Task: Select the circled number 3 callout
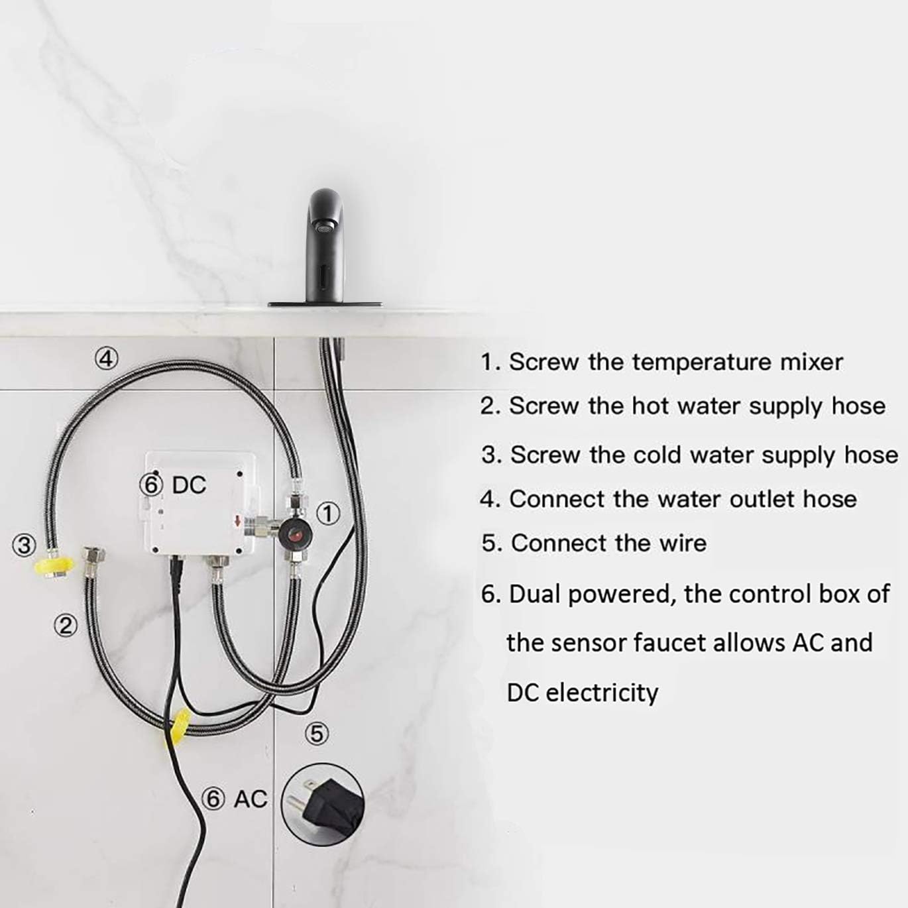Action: click(x=24, y=545)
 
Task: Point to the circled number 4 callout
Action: click(x=106, y=359)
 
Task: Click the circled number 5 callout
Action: click(x=317, y=734)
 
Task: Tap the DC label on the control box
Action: click(x=189, y=485)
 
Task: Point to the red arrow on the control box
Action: click(x=238, y=521)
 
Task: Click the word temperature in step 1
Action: click(x=702, y=363)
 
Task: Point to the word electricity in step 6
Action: click(x=602, y=694)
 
